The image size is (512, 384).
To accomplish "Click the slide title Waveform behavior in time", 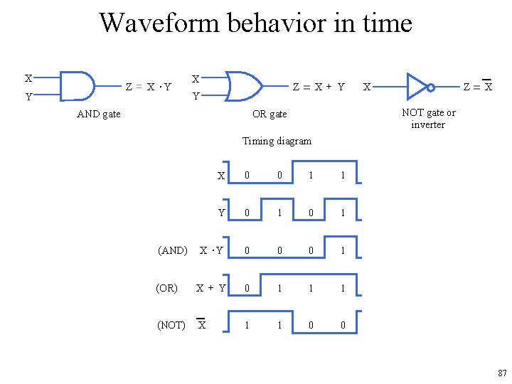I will tap(255, 23).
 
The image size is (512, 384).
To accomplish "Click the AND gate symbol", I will tap(77, 86).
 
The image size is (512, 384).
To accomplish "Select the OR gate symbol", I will tap(242, 86).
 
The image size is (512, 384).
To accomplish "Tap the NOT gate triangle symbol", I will tap(417, 87).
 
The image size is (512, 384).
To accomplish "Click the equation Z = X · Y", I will tap(148, 87).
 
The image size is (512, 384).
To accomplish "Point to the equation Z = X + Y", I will tap(319, 87).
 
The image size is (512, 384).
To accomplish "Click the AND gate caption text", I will tap(99, 114).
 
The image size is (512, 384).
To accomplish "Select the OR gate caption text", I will tap(270, 114).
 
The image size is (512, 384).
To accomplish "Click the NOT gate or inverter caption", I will tap(428, 118).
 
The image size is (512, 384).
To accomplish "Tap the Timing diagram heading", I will tap(277, 141).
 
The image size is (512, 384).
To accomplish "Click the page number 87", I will tap(502, 373).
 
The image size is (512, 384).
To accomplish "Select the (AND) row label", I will tap(172, 250).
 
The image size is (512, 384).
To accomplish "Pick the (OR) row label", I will tap(166, 288).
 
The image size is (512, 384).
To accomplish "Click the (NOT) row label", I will tap(171, 325).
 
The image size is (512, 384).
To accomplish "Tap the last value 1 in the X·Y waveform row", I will tap(342, 250).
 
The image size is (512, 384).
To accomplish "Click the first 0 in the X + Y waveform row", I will tap(247, 288).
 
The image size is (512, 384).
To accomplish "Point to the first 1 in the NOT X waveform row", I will tap(247, 325).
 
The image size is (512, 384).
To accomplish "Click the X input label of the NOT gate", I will tap(366, 87).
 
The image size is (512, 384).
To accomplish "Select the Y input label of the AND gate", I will tap(28, 97).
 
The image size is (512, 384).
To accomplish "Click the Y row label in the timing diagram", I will tap(221, 213).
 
